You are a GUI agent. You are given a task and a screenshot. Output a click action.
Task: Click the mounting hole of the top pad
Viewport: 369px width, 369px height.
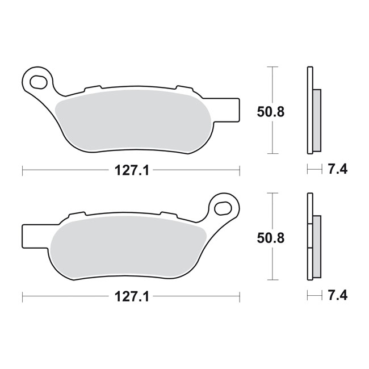pyautogui.click(x=38, y=82)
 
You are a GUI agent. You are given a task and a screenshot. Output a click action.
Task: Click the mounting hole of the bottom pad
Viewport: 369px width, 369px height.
pyautogui.click(x=223, y=208)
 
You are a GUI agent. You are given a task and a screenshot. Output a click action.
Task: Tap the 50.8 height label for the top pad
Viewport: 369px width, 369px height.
pyautogui.click(x=271, y=112)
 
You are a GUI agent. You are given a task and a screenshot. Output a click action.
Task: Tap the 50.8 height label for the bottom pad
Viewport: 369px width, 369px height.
pyautogui.click(x=271, y=238)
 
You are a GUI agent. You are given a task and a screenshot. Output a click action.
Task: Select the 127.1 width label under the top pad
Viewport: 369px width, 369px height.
pyautogui.click(x=132, y=170)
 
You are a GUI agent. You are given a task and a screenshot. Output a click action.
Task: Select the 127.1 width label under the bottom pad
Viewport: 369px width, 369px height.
pyautogui.click(x=132, y=296)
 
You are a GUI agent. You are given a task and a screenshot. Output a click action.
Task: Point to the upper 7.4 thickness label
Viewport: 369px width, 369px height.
pyautogui.click(x=338, y=169)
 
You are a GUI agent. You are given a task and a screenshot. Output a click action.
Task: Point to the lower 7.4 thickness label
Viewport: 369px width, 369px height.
pyautogui.click(x=338, y=295)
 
